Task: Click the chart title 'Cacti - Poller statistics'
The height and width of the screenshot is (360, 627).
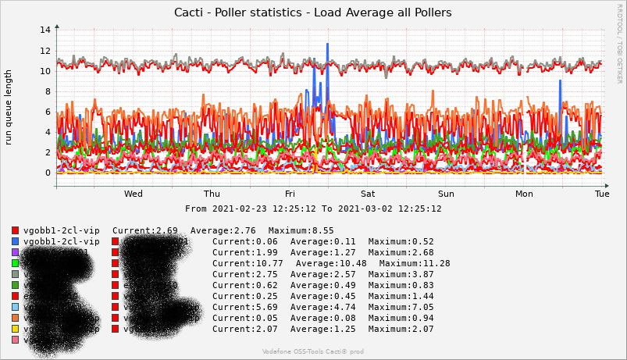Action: pos(312,12)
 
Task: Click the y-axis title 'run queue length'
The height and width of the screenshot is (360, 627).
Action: pos(9,107)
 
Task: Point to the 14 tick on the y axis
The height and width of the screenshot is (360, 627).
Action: pos(46,30)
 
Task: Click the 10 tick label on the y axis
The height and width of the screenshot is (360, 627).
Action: pos(46,71)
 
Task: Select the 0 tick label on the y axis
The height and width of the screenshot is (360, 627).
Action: pos(48,173)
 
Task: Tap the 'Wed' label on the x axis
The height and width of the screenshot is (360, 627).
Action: pos(133,194)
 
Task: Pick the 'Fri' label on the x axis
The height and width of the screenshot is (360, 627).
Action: pos(290,194)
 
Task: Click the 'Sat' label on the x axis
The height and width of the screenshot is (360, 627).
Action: pos(368,194)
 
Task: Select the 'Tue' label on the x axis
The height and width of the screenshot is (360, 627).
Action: pos(602,194)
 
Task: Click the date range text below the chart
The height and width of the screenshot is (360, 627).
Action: pos(312,209)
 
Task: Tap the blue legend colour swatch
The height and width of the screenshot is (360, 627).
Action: pos(16,242)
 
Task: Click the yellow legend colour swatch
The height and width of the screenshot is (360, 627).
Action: pos(16,330)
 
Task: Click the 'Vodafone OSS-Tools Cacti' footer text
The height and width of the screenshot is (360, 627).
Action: pos(312,352)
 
